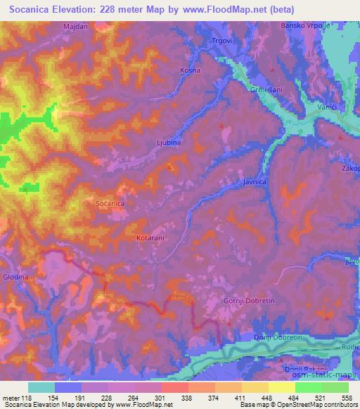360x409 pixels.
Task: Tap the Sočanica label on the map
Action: pyautogui.click(x=110, y=202)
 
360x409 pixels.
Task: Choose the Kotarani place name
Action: pyautogui.click(x=150, y=238)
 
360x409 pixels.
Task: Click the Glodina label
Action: pyautogui.click(x=15, y=278)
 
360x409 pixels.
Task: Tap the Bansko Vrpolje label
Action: pyautogui.click(x=309, y=26)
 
